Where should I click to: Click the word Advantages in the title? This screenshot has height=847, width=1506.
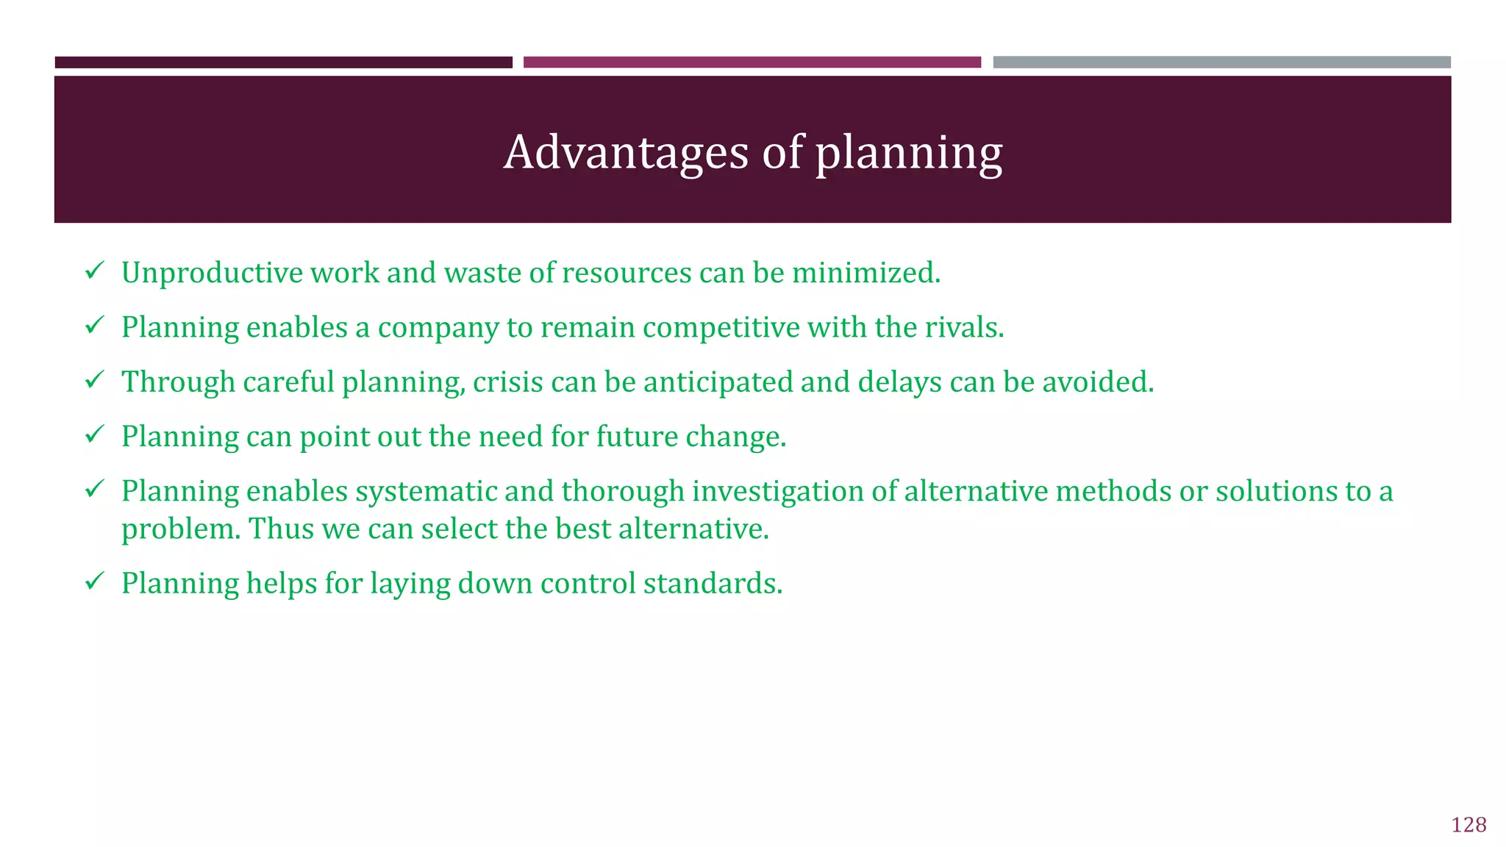click(x=626, y=152)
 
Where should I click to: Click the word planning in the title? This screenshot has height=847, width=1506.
click(x=908, y=154)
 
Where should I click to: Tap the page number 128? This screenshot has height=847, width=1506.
click(x=1468, y=825)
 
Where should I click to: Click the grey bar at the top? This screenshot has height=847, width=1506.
click(x=1221, y=62)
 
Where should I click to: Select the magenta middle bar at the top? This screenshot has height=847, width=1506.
click(x=752, y=62)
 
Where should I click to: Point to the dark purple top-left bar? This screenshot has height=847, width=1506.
click(x=283, y=62)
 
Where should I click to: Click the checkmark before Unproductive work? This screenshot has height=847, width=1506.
click(x=94, y=271)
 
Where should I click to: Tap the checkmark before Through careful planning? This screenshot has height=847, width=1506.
click(x=94, y=380)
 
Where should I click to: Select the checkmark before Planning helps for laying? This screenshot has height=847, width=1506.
click(x=94, y=582)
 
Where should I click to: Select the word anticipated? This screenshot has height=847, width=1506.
click(x=718, y=382)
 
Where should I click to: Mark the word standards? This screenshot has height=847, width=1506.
click(x=713, y=584)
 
